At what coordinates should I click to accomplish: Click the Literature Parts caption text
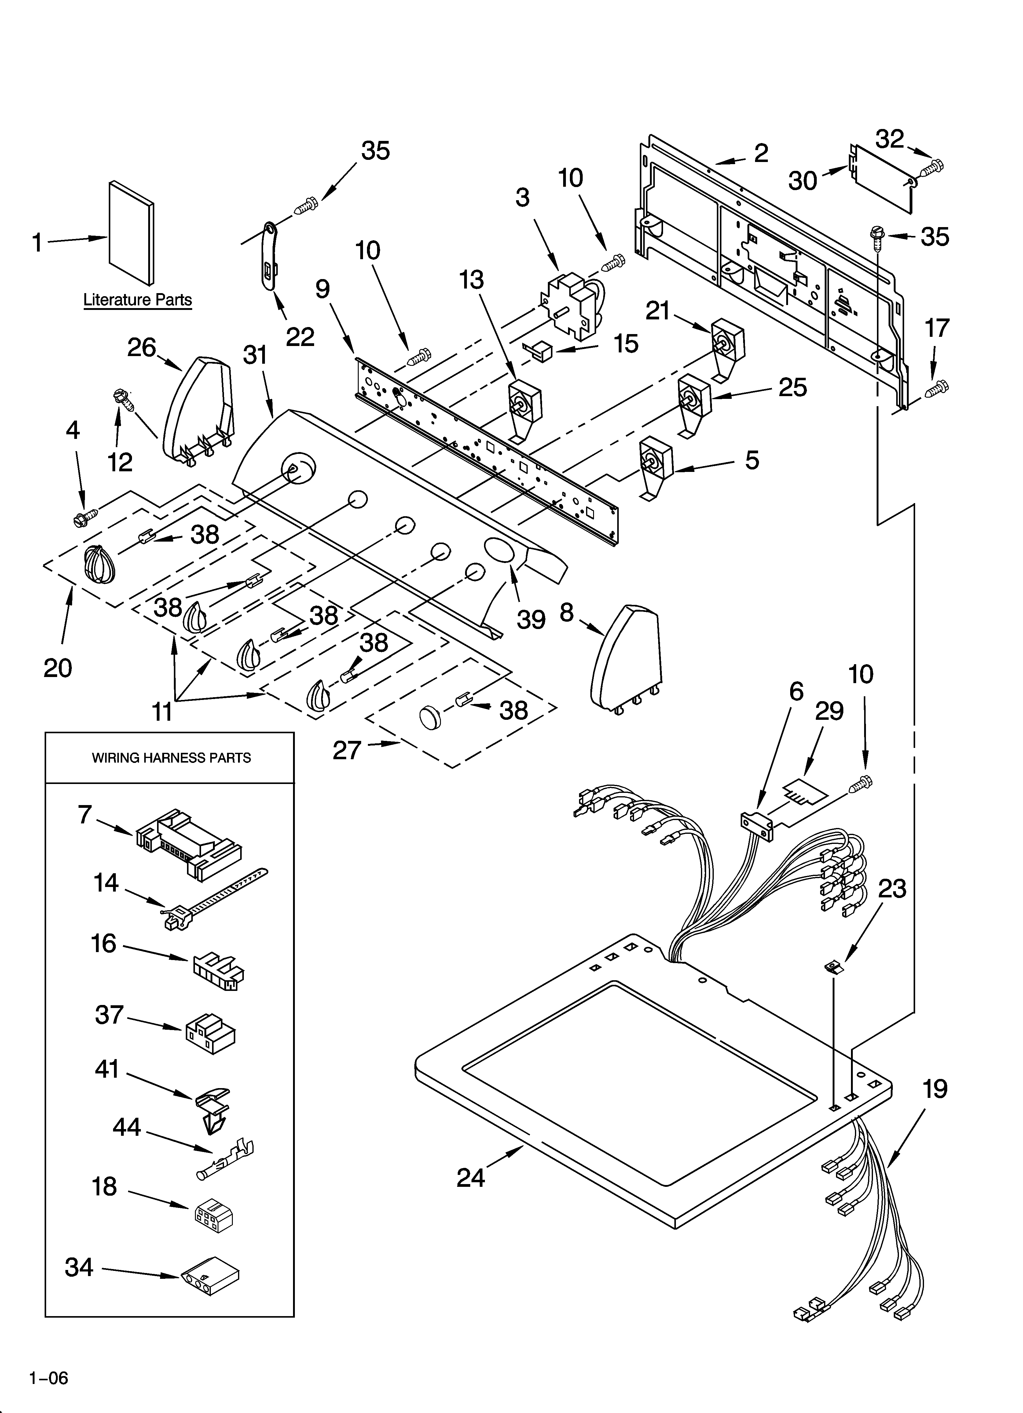138,300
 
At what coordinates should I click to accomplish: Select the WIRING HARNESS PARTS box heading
171,758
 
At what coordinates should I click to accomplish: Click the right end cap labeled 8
626,661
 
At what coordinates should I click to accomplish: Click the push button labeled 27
430,716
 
